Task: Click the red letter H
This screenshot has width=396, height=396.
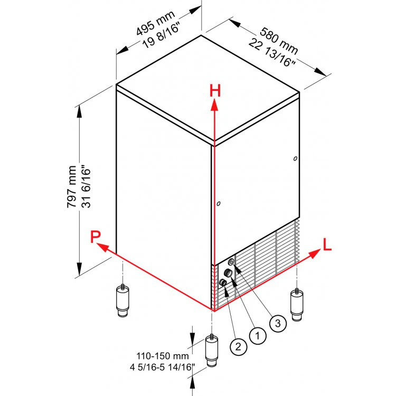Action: point(215,91)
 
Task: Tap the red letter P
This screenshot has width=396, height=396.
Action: point(96,237)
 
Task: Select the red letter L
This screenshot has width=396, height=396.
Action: point(327,244)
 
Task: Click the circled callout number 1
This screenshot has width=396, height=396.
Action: point(258,336)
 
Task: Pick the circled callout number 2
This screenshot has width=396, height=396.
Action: point(239,346)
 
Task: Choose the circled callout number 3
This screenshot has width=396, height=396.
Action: point(278,323)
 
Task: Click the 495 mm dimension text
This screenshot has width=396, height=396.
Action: point(155,23)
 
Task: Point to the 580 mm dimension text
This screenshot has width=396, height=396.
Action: point(279,41)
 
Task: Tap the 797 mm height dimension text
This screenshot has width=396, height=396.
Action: point(72,186)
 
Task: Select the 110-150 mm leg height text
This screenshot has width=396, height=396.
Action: point(163,356)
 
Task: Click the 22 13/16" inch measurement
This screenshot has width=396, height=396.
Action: point(272,52)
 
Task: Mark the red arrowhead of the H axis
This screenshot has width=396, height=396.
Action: point(215,105)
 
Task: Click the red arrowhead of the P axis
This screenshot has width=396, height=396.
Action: point(103,248)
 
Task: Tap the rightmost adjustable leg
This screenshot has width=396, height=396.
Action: point(297,305)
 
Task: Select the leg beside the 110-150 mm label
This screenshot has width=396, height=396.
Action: point(212,350)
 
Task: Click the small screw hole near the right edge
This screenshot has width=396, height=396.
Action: point(295,158)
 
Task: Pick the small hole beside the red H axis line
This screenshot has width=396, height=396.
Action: point(219,204)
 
